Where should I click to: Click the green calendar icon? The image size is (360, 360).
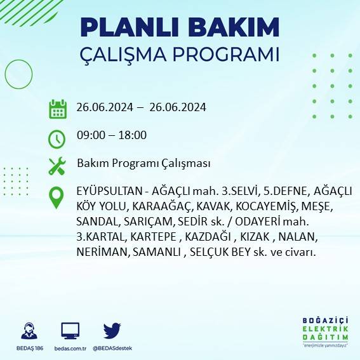click(x=57, y=109)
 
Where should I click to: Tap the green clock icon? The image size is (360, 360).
click(x=57, y=137)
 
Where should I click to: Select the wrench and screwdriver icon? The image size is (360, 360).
click(x=57, y=166)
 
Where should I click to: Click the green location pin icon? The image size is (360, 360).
click(x=57, y=197)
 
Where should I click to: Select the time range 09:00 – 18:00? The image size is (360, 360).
click(x=112, y=135)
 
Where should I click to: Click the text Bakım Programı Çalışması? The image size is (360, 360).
click(x=143, y=163)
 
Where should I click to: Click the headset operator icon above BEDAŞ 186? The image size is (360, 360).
click(x=29, y=331)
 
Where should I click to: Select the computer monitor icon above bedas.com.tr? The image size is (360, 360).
click(x=70, y=331)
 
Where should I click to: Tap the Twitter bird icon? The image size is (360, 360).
click(x=112, y=330)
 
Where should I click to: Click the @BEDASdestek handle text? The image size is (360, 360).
click(x=112, y=348)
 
